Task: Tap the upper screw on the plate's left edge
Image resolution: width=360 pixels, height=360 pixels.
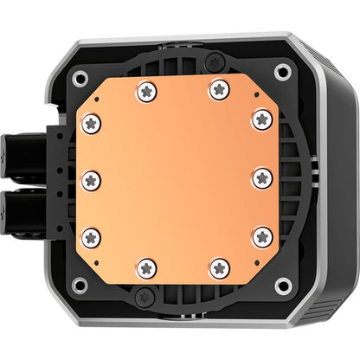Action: pyautogui.click(x=91, y=123)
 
